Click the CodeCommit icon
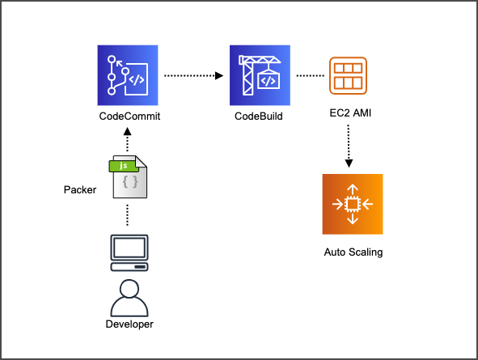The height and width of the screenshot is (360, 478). [129, 75]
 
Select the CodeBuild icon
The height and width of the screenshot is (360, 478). [260, 75]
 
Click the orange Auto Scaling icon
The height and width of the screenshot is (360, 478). [352, 204]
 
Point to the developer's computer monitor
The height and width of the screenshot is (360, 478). [129, 252]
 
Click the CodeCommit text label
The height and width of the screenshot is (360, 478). [129, 116]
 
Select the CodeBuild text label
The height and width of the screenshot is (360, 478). [260, 116]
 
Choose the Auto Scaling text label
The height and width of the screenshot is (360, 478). [353, 252]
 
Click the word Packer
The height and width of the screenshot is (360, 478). [81, 191]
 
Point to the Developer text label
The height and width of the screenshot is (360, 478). [129, 324]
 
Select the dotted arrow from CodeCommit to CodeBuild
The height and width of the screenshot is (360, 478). [194, 76]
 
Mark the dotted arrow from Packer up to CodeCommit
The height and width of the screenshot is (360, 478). [129, 141]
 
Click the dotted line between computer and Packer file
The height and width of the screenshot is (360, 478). [129, 214]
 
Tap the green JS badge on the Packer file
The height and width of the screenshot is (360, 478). [122, 166]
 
